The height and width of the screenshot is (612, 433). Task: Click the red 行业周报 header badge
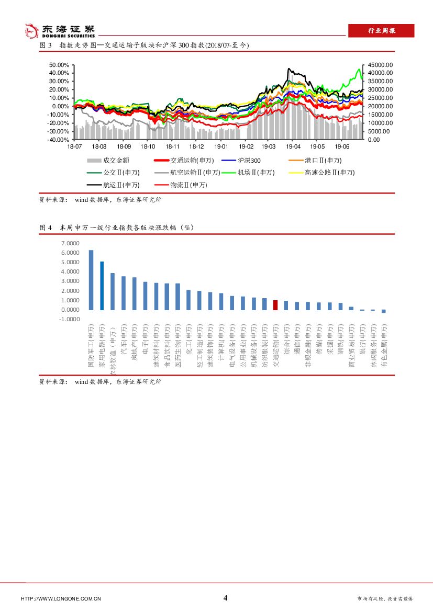tap(381, 31)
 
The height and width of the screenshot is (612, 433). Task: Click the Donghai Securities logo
tap(61, 31)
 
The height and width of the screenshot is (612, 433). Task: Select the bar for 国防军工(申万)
tap(91, 280)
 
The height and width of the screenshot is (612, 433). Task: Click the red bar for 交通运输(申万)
tap(275, 305)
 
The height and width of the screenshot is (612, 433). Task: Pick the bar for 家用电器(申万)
tap(102, 286)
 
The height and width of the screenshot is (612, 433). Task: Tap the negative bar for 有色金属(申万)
tap(383, 311)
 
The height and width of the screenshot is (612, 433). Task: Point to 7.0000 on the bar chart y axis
tap(70, 243)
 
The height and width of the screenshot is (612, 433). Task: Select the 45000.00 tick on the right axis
tap(380, 65)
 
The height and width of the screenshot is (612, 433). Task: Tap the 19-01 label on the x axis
tap(221, 148)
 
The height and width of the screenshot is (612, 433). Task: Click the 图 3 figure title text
tap(144, 46)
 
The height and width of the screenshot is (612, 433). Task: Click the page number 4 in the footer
tap(226, 598)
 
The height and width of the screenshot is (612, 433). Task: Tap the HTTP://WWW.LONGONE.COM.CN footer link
tap(61, 598)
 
